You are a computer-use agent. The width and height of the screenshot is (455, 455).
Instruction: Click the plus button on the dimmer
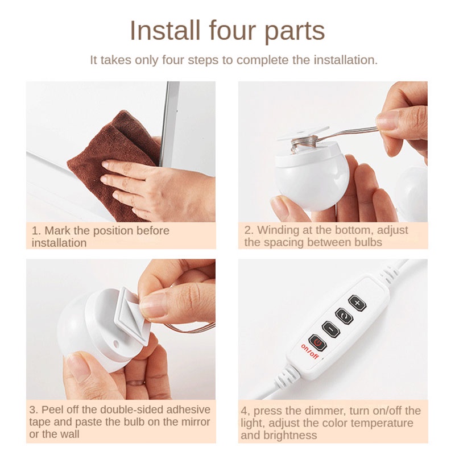point(357,303)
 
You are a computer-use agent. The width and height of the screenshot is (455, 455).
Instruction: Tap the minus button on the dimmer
point(331,329)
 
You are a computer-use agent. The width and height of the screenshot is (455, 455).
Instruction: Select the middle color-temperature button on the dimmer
point(344,316)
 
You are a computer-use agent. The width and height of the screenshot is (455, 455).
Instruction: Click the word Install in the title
point(165,31)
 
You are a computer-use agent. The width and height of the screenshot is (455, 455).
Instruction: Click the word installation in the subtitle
point(345,60)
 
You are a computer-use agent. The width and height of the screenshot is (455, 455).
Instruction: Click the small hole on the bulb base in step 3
point(116,344)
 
